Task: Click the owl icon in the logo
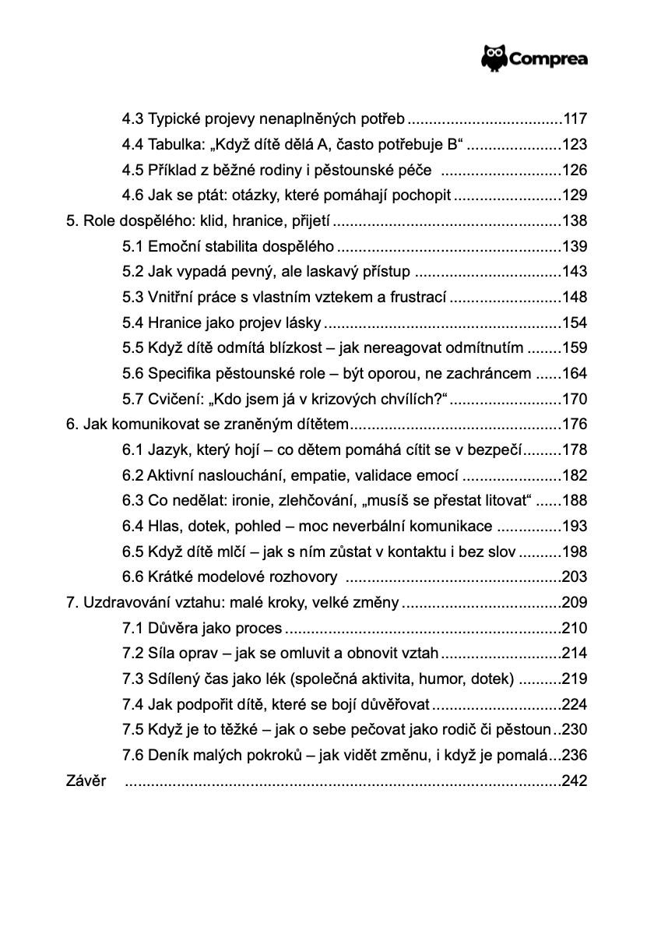(494, 58)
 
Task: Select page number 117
(575, 120)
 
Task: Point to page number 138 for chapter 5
(575, 221)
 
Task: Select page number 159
(575, 348)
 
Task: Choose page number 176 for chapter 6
(575, 425)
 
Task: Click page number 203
(575, 577)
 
